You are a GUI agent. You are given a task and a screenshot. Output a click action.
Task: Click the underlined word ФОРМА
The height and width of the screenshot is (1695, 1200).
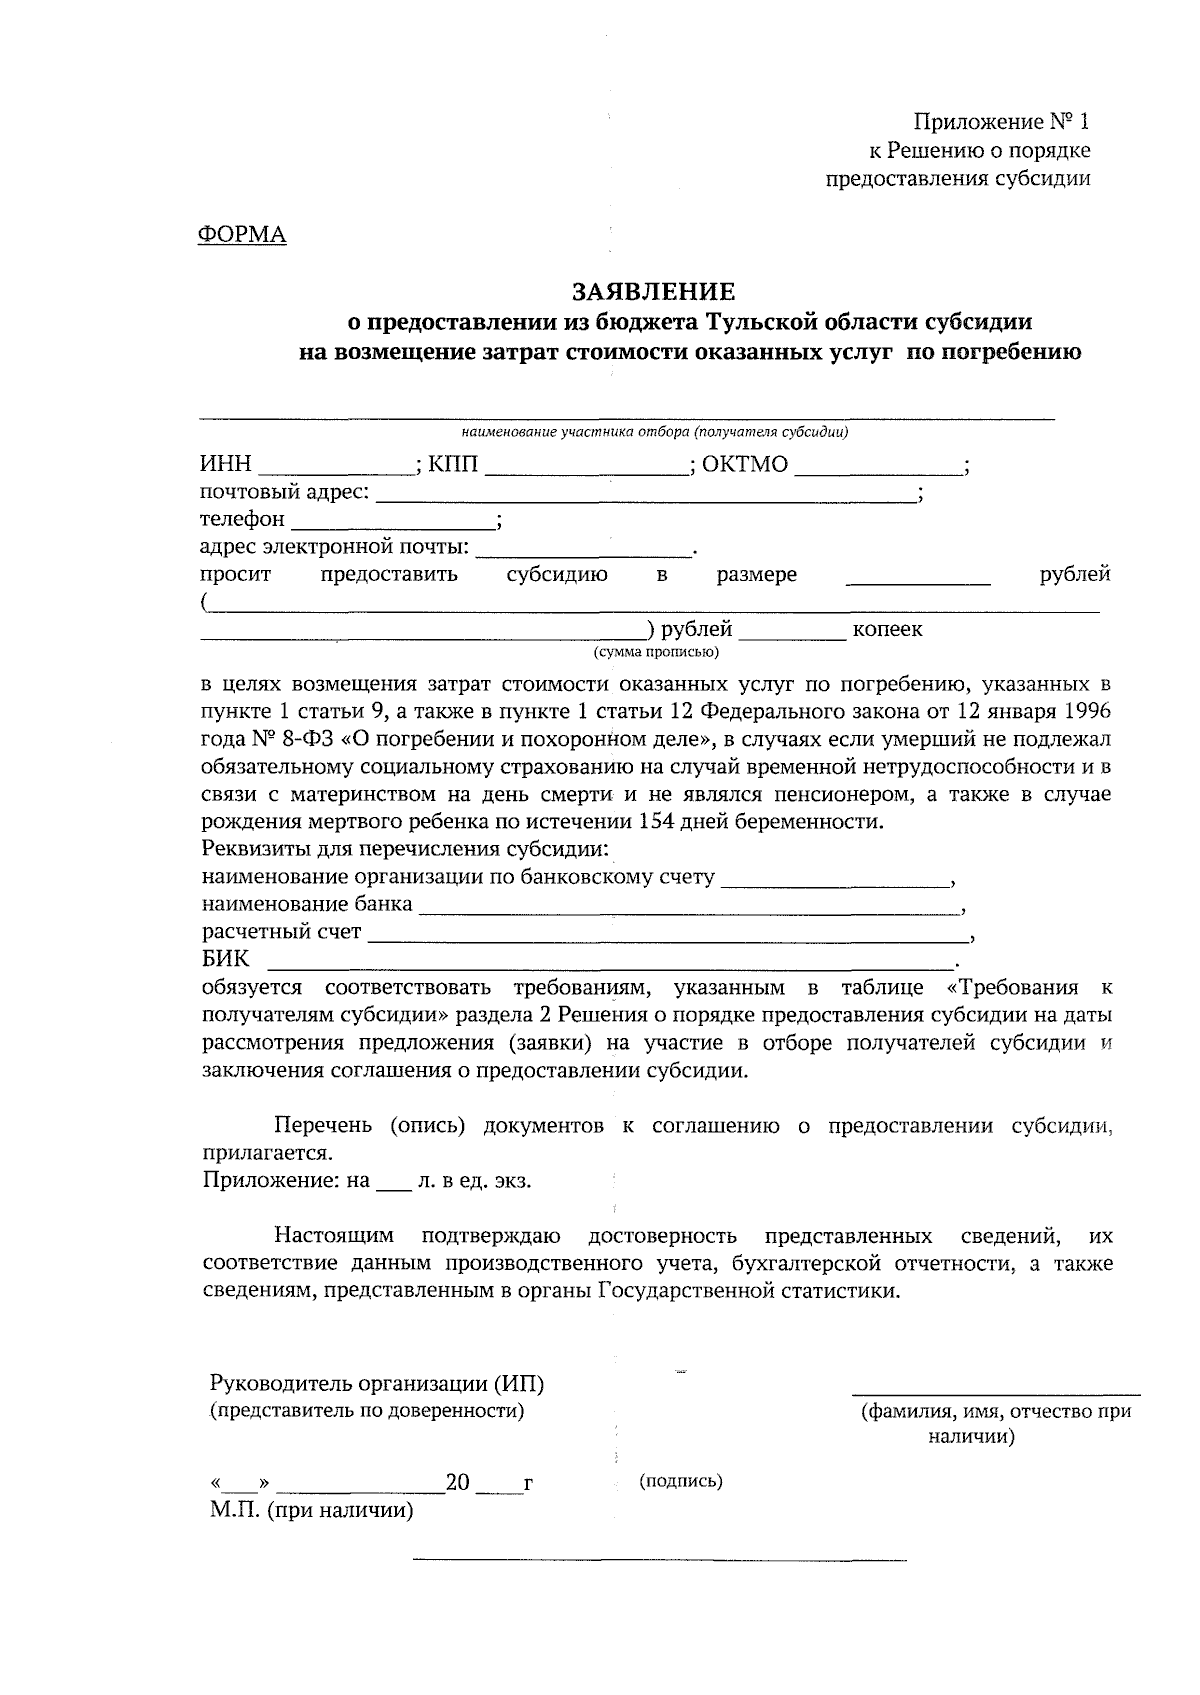click(x=242, y=235)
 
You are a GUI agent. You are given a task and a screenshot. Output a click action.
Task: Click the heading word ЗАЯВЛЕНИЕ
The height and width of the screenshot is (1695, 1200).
click(x=653, y=291)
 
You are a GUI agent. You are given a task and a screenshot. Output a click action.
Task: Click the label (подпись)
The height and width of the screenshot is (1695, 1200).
click(x=680, y=1481)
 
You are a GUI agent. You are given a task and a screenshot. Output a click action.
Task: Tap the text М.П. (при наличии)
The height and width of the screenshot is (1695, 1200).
click(x=311, y=1510)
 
